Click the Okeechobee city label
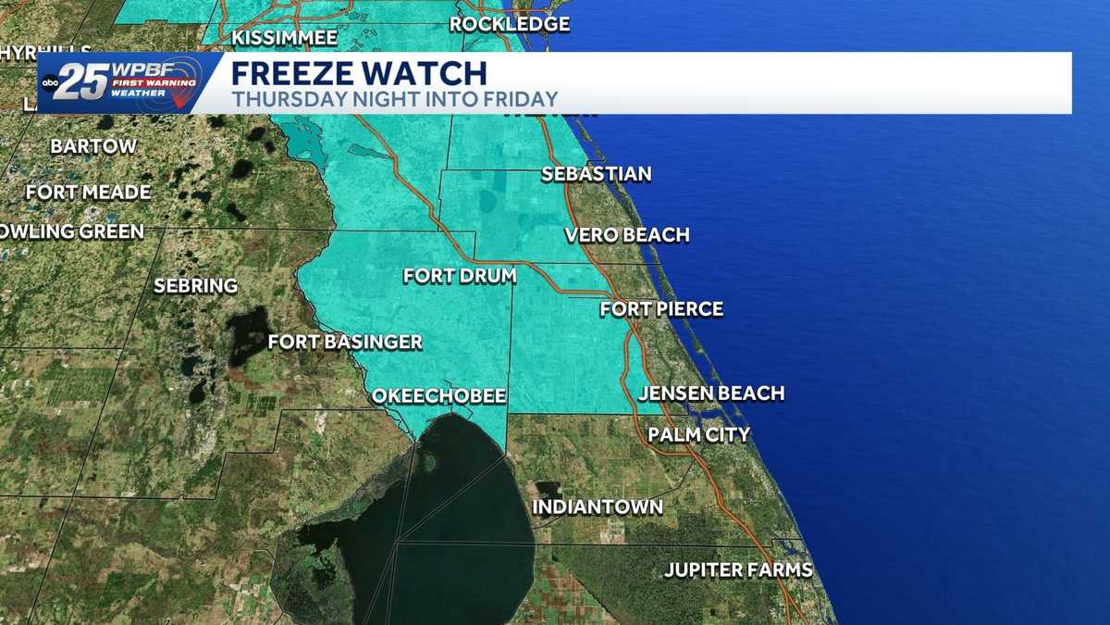pyautogui.click(x=438, y=396)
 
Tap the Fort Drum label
pyautogui.click(x=459, y=276)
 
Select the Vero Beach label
pyautogui.click(x=628, y=235)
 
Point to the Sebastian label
pyautogui.click(x=596, y=174)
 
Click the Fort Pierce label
pyautogui.click(x=661, y=309)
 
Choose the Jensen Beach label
pyautogui.click(x=711, y=394)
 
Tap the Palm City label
pyautogui.click(x=698, y=434)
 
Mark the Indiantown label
pyautogui.click(x=597, y=507)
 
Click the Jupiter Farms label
pyautogui.click(x=738, y=569)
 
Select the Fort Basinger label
pyautogui.click(x=345, y=343)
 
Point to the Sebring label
pyautogui.click(x=195, y=286)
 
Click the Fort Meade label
pyautogui.click(x=89, y=193)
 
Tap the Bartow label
pyautogui.click(x=93, y=146)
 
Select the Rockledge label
pyautogui.click(x=510, y=24)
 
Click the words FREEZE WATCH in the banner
pyautogui.click(x=358, y=73)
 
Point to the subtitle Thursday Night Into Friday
pyautogui.click(x=395, y=98)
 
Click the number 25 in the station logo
pyautogui.click(x=86, y=82)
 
